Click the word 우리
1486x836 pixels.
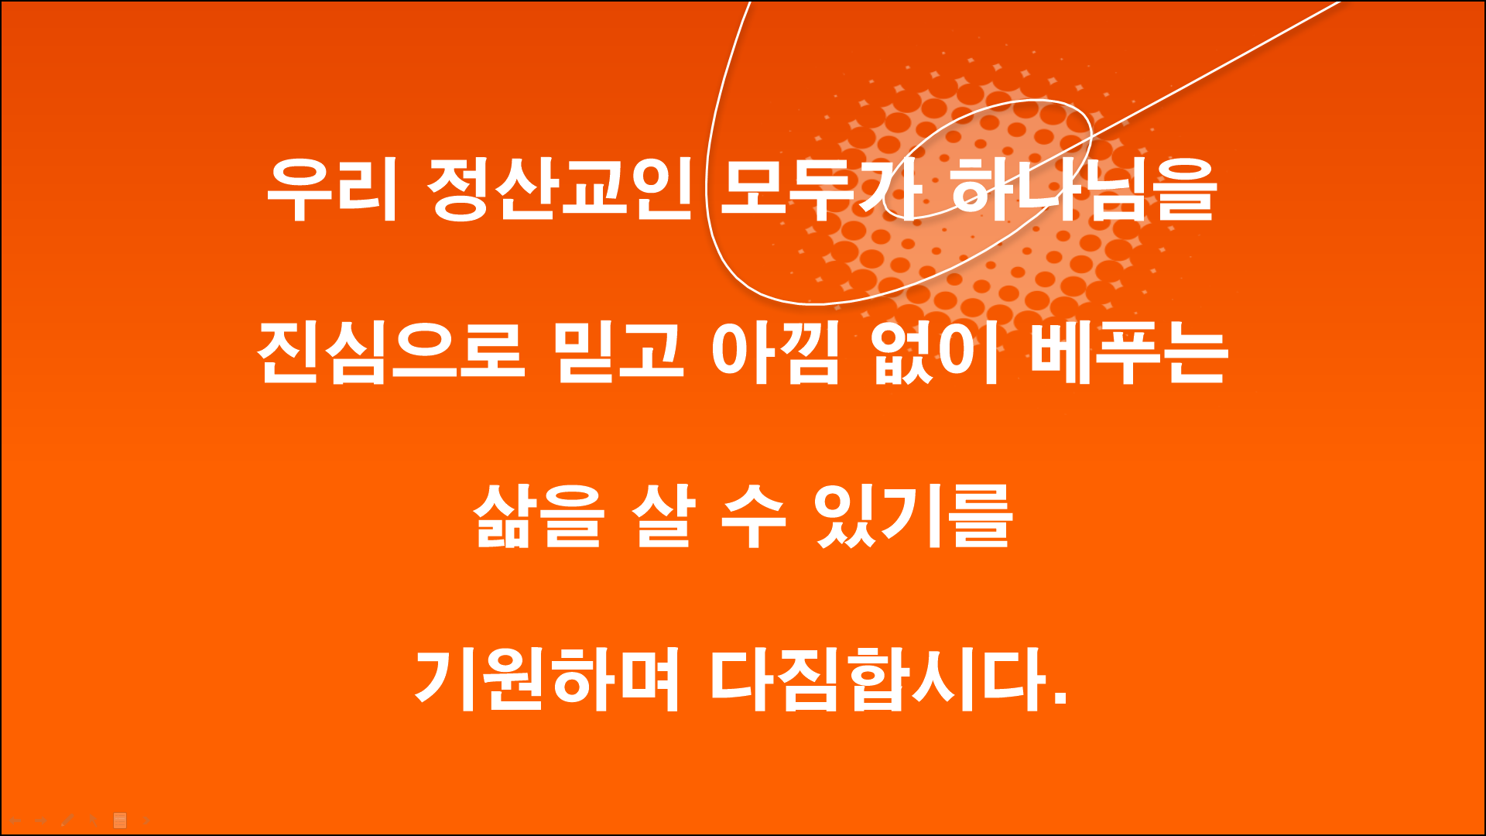pos(332,190)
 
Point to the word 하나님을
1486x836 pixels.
pos(1084,190)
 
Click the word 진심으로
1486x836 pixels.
pos(391,353)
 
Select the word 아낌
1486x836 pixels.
pos(775,353)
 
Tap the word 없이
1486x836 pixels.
pos(936,353)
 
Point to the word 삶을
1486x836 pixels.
pos(538,516)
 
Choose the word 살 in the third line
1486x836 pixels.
pos(664,516)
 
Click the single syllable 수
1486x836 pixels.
pos(753,516)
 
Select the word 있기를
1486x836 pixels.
pos(913,516)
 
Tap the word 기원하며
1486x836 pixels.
pos(548,680)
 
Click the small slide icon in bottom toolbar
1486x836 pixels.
pos(120,821)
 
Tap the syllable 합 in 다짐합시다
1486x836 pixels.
pos(878,680)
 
